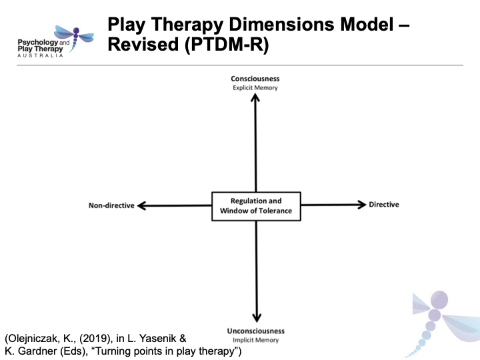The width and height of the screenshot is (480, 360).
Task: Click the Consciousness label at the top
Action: click(x=255, y=79)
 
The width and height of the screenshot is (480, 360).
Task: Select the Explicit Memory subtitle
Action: click(x=255, y=87)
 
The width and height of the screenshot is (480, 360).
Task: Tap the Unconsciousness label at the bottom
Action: click(x=255, y=331)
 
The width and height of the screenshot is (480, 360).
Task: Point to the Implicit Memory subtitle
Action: click(x=255, y=339)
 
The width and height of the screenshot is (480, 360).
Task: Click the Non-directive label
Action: click(x=111, y=205)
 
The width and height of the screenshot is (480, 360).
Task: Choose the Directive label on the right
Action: click(x=384, y=205)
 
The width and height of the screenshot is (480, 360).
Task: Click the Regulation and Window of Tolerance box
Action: click(x=256, y=206)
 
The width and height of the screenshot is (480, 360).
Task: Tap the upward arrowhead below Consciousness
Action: click(x=255, y=97)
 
